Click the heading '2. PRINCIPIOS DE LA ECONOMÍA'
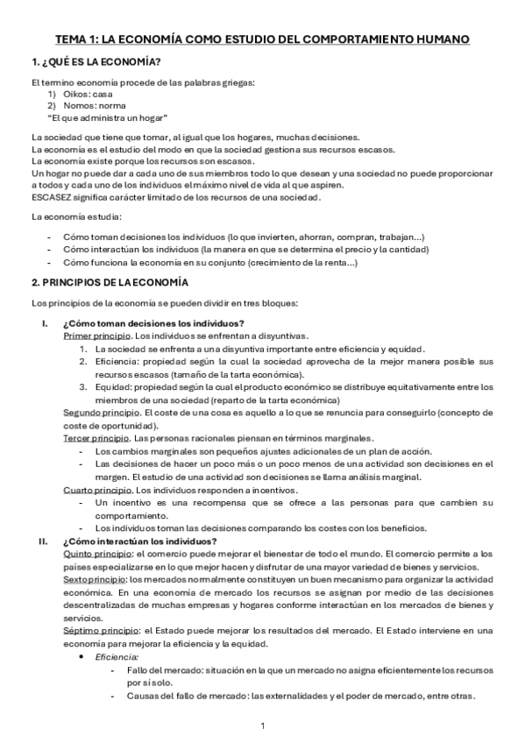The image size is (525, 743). (117, 282)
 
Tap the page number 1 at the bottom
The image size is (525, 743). (263, 725)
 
